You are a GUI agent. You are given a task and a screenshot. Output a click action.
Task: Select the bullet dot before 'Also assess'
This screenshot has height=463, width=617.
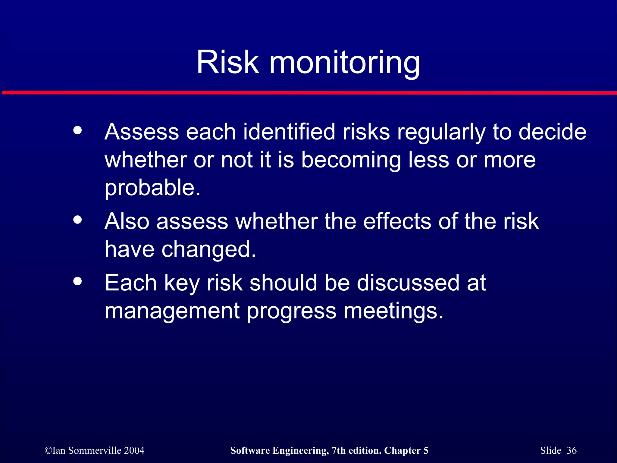[x=77, y=220]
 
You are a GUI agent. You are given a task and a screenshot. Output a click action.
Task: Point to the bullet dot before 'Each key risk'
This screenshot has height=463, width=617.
[x=77, y=281]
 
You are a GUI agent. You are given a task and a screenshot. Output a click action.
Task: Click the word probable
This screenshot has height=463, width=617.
[x=152, y=188]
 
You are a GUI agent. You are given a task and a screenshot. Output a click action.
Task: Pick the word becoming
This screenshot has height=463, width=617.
[x=351, y=160]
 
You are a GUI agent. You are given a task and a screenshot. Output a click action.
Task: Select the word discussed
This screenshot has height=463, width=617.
[x=408, y=283]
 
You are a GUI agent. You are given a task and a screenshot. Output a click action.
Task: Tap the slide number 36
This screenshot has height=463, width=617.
[x=571, y=450]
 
